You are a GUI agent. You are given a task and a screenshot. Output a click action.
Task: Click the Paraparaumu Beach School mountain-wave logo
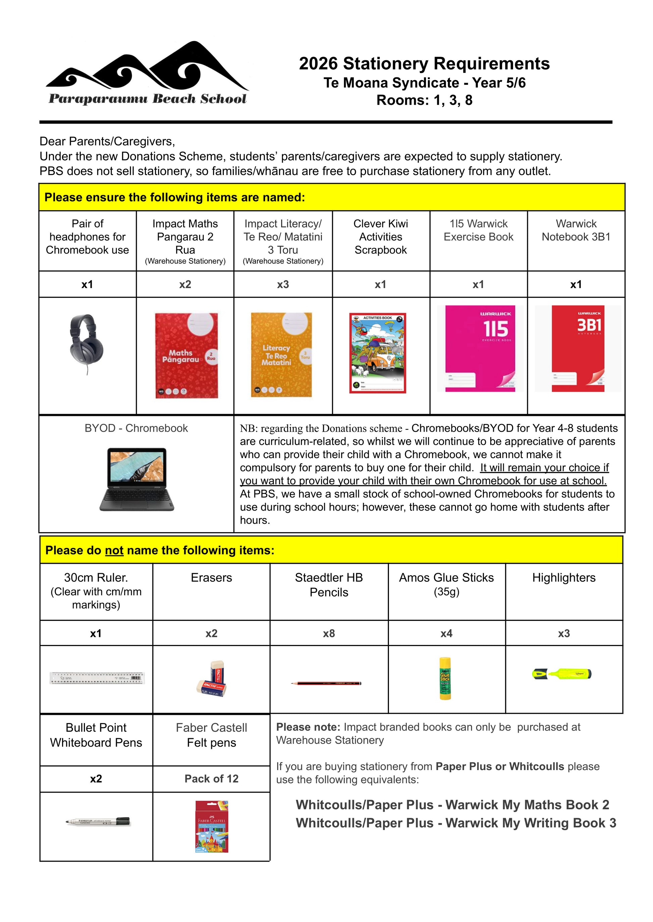pyautogui.click(x=147, y=72)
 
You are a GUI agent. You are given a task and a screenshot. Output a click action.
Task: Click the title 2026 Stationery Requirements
pyautogui.click(x=424, y=63)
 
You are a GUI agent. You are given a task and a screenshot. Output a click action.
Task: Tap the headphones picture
pyautogui.click(x=87, y=344)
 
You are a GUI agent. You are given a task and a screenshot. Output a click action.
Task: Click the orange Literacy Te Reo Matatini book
pyautogui.click(x=282, y=355)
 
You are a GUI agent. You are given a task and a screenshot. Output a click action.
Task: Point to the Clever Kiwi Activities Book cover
pyautogui.click(x=378, y=352)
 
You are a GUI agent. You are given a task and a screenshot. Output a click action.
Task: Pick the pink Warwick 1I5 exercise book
pyautogui.click(x=480, y=348)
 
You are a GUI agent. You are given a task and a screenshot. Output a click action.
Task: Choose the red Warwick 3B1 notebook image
pyautogui.click(x=578, y=348)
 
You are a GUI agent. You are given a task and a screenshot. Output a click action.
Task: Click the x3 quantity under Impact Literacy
pyautogui.click(x=283, y=284)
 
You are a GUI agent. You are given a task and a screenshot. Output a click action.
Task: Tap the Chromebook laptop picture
pyautogui.click(x=137, y=479)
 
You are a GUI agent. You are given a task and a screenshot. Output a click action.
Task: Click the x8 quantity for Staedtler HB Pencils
pyautogui.click(x=329, y=634)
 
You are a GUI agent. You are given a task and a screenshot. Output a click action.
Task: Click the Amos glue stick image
pyautogui.click(x=445, y=679)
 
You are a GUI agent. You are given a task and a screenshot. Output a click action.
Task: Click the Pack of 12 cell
pyautogui.click(x=211, y=778)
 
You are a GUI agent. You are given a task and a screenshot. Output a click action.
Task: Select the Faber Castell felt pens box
pyautogui.click(x=211, y=826)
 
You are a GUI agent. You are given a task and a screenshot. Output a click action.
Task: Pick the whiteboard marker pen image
pyautogui.click(x=98, y=822)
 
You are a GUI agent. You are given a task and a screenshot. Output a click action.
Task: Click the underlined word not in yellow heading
pyautogui.click(x=114, y=550)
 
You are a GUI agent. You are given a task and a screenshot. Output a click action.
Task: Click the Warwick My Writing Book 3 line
pyautogui.click(x=456, y=823)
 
